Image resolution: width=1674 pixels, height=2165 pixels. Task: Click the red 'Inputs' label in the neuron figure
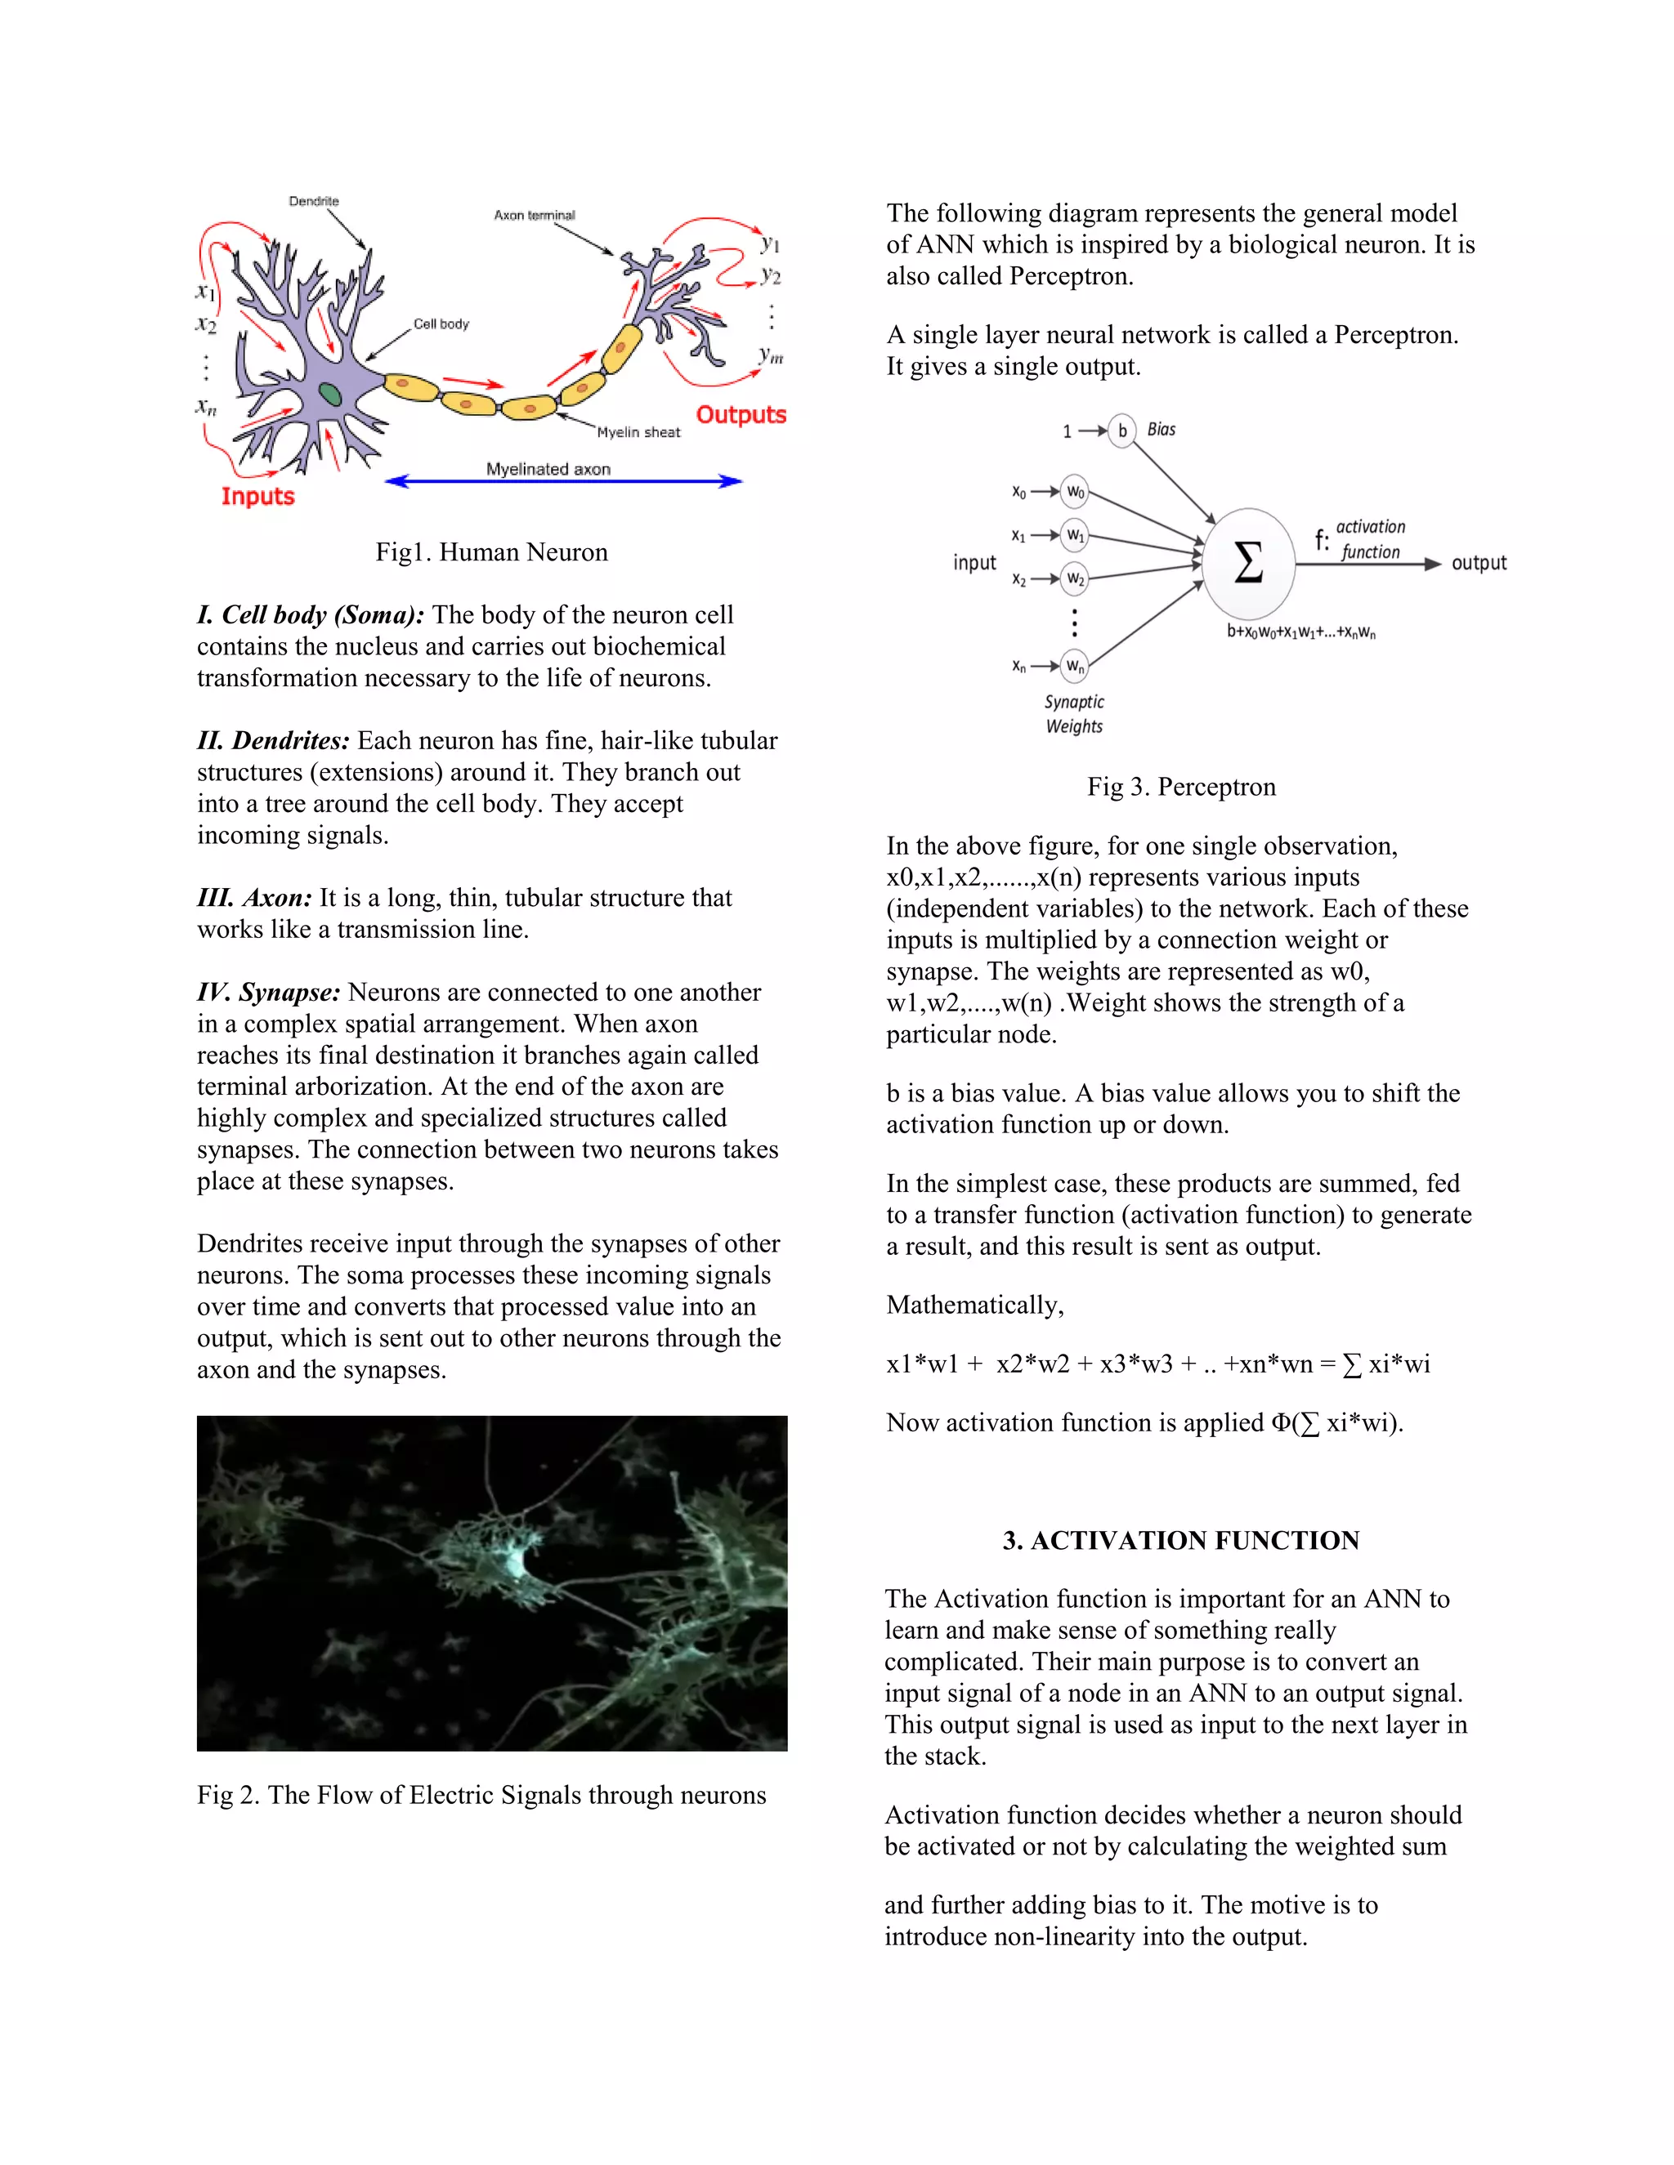[257, 496]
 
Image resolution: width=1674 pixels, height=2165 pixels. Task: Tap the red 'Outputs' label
[740, 414]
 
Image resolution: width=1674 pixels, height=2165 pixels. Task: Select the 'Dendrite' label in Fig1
[313, 201]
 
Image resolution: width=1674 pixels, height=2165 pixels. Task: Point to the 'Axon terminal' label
[534, 215]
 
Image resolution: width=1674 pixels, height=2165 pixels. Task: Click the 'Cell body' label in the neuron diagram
[441, 324]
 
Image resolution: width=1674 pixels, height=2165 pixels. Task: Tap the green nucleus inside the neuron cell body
[330, 394]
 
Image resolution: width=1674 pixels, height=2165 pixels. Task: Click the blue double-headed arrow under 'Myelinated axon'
[562, 482]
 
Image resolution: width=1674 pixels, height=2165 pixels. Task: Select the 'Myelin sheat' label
[638, 432]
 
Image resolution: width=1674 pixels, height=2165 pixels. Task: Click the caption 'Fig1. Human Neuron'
[491, 552]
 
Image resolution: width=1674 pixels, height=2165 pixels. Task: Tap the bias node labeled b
[1121, 431]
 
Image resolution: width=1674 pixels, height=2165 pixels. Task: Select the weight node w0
[1075, 492]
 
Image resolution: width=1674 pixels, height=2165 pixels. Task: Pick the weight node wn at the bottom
[1075, 666]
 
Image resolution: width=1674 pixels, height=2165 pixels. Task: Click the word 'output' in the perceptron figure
[1478, 563]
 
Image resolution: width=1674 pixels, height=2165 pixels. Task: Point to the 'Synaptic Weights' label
[1074, 714]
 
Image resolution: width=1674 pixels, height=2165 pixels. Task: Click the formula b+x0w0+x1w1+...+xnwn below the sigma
[1300, 632]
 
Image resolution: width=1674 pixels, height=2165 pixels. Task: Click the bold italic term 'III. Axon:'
[254, 898]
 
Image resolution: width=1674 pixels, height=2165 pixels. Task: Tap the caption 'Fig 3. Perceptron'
[1180, 787]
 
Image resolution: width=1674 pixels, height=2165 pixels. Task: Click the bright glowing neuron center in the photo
[516, 1560]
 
